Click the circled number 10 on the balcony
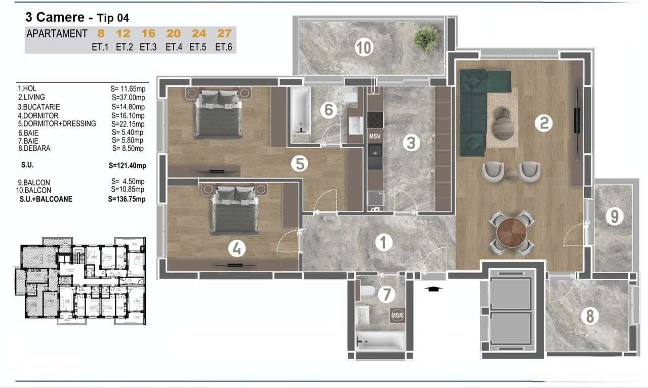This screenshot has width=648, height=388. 363,48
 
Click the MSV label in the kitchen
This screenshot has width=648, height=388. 375,137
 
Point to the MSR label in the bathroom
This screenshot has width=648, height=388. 397,316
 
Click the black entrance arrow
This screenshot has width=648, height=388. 434,288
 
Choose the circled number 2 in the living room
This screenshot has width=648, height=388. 543,123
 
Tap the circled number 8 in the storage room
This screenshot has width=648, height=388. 589,316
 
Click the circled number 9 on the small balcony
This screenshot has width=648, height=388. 614,217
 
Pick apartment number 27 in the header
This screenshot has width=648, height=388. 224,34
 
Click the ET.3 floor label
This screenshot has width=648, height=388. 148,48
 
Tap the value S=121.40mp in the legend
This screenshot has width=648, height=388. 127,165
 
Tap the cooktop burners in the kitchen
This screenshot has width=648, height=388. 375,120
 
